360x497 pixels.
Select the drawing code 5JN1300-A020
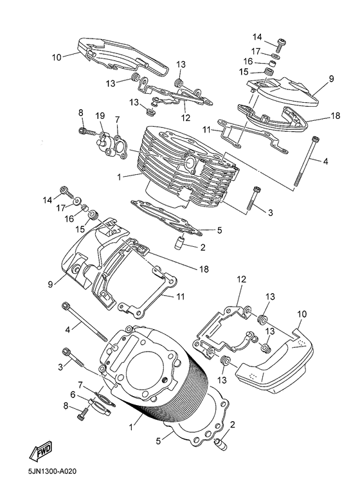point(52,471)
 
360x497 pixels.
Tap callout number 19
point(100,116)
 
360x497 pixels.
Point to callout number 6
point(73,395)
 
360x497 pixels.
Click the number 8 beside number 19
point(80,113)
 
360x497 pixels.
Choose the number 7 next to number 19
point(117,120)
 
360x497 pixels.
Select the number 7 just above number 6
point(80,385)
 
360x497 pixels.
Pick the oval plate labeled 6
point(100,406)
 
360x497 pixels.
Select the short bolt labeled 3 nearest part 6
point(74,358)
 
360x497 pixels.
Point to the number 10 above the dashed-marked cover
point(302,314)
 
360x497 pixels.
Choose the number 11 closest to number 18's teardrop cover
point(207,129)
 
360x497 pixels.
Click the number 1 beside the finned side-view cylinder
point(119,177)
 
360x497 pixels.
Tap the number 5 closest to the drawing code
point(159,440)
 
